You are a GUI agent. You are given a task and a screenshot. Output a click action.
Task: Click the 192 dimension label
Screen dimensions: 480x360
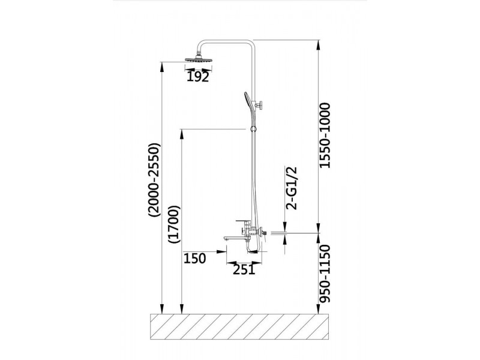[x=198, y=77]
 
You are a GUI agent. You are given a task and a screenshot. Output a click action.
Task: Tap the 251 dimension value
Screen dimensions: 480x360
[x=244, y=269]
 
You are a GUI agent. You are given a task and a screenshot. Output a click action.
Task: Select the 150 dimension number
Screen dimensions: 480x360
[x=194, y=259]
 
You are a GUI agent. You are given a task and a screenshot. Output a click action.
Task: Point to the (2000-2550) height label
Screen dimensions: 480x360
[x=154, y=180]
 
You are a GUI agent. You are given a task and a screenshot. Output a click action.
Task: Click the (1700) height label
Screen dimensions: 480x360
[x=175, y=224]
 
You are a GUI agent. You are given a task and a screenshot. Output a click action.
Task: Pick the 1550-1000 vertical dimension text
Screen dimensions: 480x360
[x=325, y=136]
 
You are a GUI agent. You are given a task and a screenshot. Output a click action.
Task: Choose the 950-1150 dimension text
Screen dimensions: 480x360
[x=325, y=274]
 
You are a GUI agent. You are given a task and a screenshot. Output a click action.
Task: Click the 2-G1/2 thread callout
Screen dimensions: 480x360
[x=292, y=188]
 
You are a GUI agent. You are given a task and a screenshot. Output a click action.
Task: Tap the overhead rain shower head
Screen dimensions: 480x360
[x=199, y=59]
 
